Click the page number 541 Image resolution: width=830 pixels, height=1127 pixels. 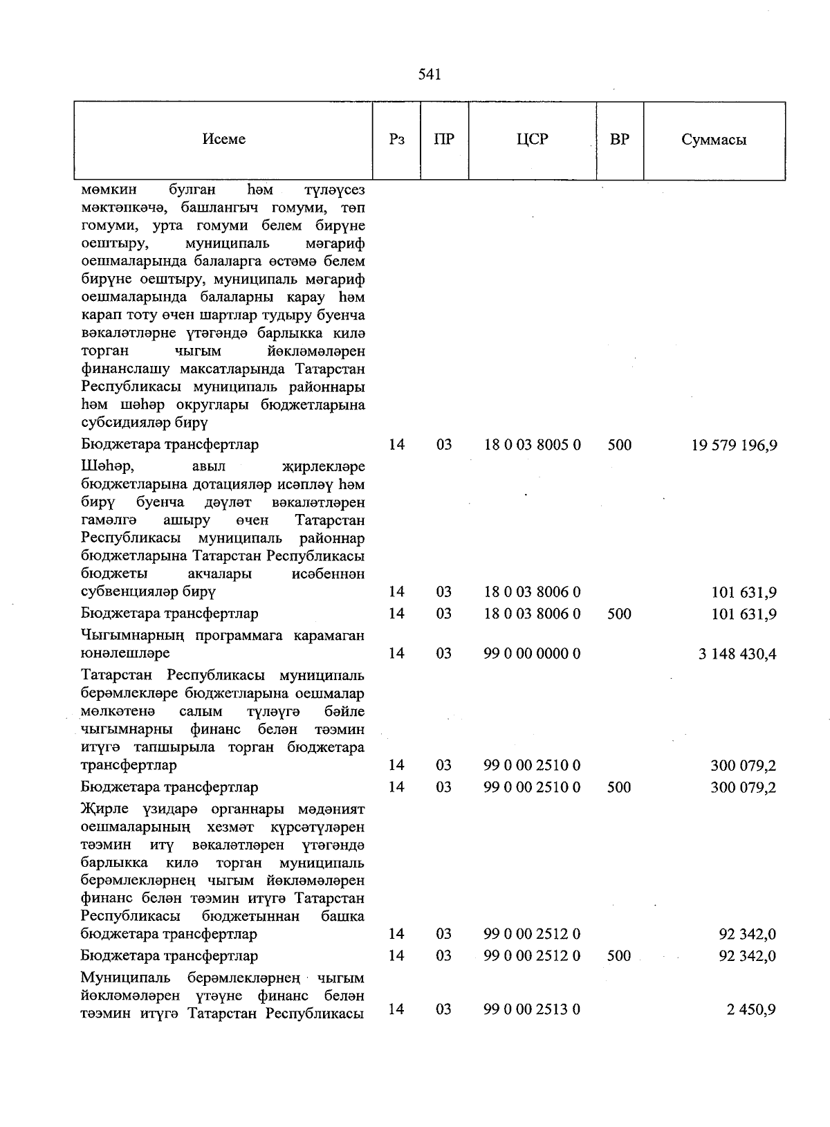pyautogui.click(x=430, y=75)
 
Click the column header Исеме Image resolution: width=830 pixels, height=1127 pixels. pyautogui.click(x=223, y=139)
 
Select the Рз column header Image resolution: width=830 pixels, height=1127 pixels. pyautogui.click(x=396, y=139)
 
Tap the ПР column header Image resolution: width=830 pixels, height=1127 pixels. pyautogui.click(x=444, y=139)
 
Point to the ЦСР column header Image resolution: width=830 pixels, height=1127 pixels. pyautogui.click(x=532, y=139)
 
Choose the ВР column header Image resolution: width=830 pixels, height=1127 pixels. pyautogui.click(x=620, y=139)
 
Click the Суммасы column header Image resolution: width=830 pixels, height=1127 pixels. pyautogui.click(x=714, y=140)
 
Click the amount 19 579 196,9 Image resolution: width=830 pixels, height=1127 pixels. pyautogui.click(x=734, y=445)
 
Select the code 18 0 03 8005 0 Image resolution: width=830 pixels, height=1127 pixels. pyautogui.click(x=532, y=445)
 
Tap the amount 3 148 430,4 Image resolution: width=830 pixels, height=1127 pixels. pyautogui.click(x=737, y=654)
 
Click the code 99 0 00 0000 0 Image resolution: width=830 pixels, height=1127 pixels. pyautogui.click(x=532, y=653)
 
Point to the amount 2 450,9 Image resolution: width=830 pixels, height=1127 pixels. pyautogui.click(x=750, y=1010)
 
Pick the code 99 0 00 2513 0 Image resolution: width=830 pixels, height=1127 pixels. pyautogui.click(x=532, y=1009)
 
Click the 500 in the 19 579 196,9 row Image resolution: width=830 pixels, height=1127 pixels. pyautogui.click(x=620, y=445)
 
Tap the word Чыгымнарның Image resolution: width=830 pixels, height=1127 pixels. pyautogui.click(x=129, y=636)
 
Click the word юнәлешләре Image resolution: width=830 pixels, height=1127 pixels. pyautogui.click(x=125, y=653)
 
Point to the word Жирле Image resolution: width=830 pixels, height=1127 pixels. pyautogui.click(x=100, y=809)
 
